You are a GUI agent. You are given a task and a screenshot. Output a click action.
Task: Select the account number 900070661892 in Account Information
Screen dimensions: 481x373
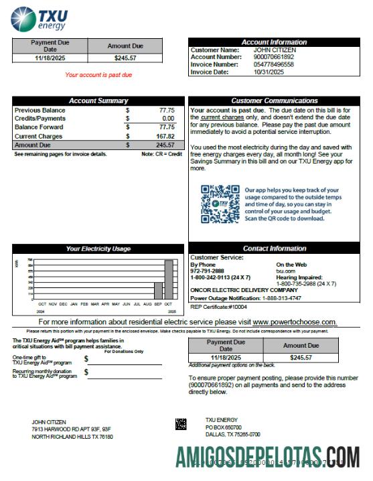(275, 57)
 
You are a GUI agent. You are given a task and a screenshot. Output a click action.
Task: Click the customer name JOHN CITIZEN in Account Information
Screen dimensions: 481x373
(275, 50)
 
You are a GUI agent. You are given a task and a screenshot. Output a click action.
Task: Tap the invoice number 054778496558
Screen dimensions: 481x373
(275, 64)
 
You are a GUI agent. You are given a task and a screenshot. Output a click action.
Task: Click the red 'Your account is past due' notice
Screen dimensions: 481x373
(98, 74)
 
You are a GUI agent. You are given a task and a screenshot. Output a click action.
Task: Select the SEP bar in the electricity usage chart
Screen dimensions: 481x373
(159, 290)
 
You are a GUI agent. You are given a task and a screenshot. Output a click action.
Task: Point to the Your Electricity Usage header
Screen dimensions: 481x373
(98, 249)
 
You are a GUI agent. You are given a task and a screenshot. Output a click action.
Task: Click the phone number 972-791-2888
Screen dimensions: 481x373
(206, 271)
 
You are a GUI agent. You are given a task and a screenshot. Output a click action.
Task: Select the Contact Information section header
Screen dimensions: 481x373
(275, 249)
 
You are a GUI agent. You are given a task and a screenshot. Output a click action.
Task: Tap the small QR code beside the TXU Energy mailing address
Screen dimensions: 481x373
(181, 423)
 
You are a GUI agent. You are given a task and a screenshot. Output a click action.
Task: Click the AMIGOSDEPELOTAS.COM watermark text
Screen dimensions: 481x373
(268, 458)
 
